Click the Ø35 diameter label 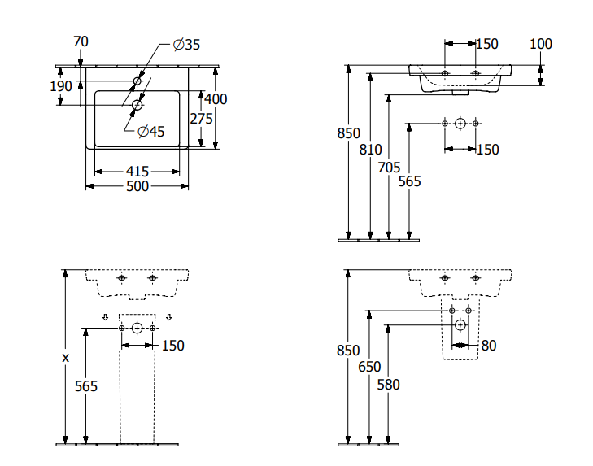click(x=186, y=45)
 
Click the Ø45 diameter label click(x=150, y=132)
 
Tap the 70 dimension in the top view click(x=81, y=41)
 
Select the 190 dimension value click(x=62, y=85)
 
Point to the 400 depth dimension click(x=216, y=99)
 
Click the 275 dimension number click(x=201, y=118)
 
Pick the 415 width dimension click(x=137, y=172)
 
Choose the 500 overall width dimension click(x=137, y=187)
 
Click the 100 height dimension click(x=541, y=44)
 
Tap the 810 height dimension click(x=371, y=149)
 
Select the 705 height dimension click(x=390, y=167)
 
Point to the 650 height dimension click(x=369, y=367)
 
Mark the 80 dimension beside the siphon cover click(x=488, y=346)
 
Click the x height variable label click(x=65, y=357)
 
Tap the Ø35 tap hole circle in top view click(x=137, y=81)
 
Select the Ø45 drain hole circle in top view click(x=137, y=105)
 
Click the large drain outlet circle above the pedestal click(x=137, y=328)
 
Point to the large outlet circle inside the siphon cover click(x=460, y=325)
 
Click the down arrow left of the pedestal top click(x=105, y=317)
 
